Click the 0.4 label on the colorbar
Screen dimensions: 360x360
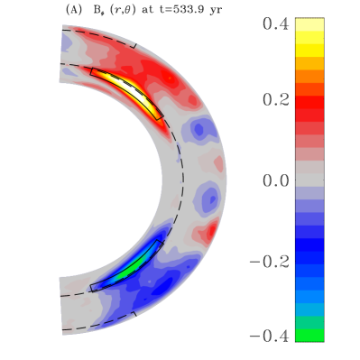coord(276,23)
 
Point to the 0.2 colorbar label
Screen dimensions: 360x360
coord(276,99)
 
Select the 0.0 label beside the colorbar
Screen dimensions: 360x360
coord(276,180)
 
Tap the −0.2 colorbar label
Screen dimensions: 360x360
coord(270,262)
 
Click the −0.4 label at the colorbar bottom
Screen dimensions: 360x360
coord(270,336)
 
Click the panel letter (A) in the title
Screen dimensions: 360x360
coord(73,10)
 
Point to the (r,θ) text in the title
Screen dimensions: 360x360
coord(119,10)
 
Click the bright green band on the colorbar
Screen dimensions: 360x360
coord(309,336)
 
